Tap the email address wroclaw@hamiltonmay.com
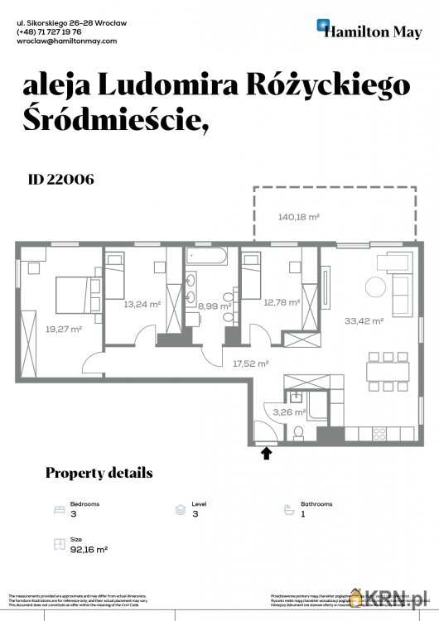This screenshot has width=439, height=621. tap(67, 41)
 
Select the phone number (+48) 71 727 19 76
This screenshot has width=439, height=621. tap(49, 31)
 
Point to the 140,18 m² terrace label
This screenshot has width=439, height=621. tap(299, 217)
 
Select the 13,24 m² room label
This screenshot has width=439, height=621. tap(142, 305)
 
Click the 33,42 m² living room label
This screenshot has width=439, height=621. tap(364, 321)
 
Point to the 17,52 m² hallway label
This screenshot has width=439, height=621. tap(251, 363)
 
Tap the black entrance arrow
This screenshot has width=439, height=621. tap(267, 453)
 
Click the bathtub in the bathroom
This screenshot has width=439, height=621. tap(205, 257)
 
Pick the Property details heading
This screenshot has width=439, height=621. tap(99, 473)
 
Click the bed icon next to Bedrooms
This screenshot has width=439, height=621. tap(58, 509)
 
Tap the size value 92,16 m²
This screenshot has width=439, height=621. tap(89, 548)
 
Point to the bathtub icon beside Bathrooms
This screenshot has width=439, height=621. tap(288, 509)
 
